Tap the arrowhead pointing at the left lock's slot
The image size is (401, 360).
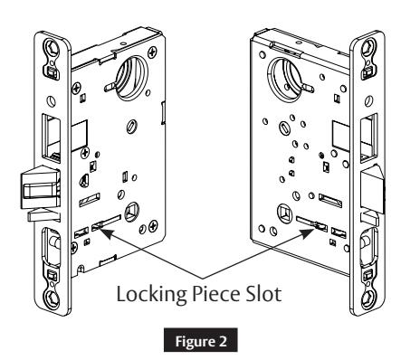(x=105, y=232)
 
